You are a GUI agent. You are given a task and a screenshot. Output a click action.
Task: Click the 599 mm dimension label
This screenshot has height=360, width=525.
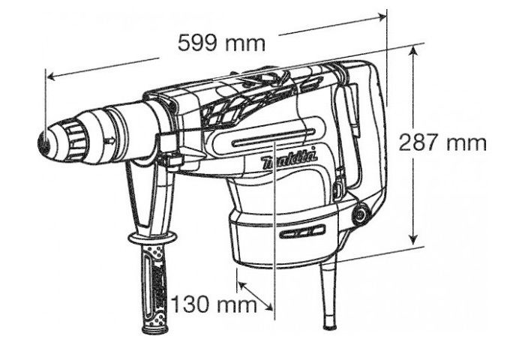tap(221, 43)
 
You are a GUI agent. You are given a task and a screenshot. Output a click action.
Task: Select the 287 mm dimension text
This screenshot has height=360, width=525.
tap(442, 142)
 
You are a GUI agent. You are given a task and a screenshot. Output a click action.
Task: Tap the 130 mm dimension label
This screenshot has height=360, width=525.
tap(214, 304)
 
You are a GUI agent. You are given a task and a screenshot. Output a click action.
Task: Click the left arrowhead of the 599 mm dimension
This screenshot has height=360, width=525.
tap(51, 76)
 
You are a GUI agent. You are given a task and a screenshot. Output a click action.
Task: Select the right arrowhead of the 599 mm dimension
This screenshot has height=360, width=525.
tap(382, 16)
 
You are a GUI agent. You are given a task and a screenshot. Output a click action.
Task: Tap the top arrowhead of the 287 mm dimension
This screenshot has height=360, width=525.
tap(414, 50)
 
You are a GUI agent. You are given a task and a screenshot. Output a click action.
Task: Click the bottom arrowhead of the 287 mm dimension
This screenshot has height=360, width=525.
tap(414, 239)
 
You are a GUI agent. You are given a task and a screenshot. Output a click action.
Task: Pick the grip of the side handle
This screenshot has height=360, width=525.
tap(154, 289)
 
